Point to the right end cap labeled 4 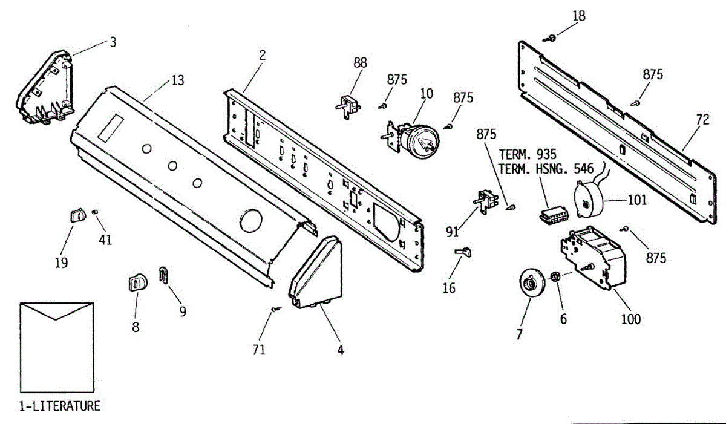(316, 273)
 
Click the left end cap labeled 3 (47, 89)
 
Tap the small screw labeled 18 (552, 39)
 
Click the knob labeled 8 (137, 282)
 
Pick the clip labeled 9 (163, 275)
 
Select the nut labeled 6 (554, 278)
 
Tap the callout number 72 (702, 120)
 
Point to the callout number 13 (177, 80)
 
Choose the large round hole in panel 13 (250, 221)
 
